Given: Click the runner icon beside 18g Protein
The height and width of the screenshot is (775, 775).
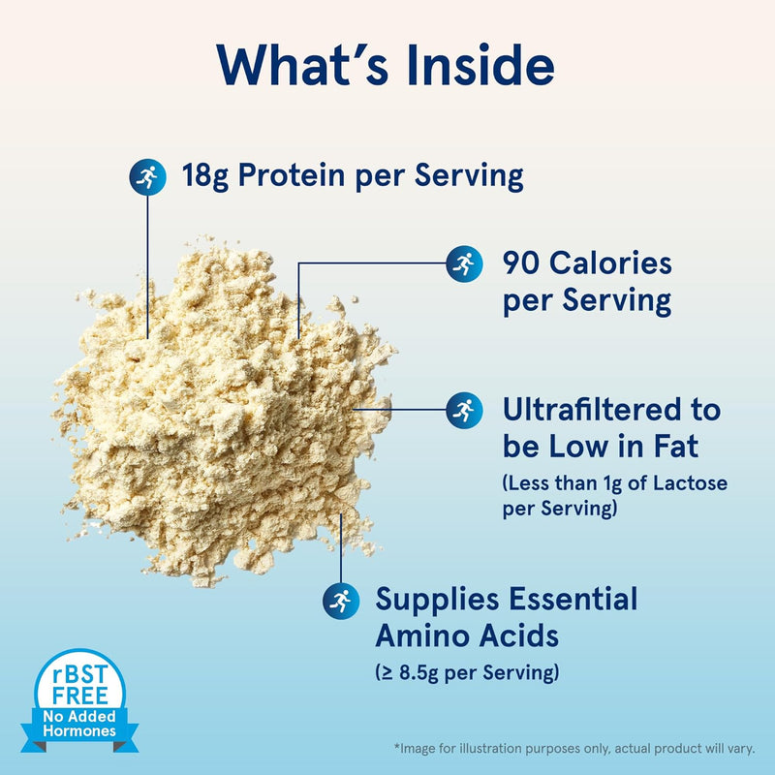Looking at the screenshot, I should (147, 176).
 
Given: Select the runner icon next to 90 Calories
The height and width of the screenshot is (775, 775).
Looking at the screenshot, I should (464, 263).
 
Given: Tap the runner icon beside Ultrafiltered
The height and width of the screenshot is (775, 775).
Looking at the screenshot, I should (464, 410).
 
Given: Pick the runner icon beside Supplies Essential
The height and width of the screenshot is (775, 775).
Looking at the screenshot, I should (340, 600).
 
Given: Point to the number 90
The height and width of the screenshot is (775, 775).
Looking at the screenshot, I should (522, 263).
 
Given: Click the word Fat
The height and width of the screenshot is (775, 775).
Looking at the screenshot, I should (673, 448).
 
